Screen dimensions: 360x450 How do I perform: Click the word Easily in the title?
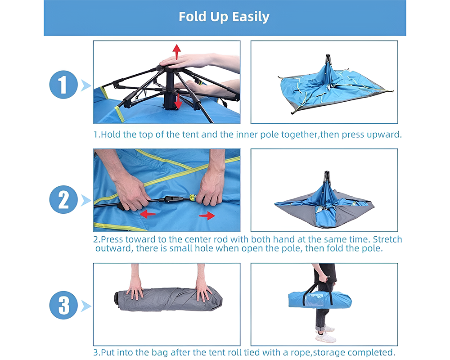(251, 17)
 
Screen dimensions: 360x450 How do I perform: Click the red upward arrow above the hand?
(177, 51)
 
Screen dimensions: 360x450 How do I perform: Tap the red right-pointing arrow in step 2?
(207, 216)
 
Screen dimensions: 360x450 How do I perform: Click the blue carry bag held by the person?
(319, 299)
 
